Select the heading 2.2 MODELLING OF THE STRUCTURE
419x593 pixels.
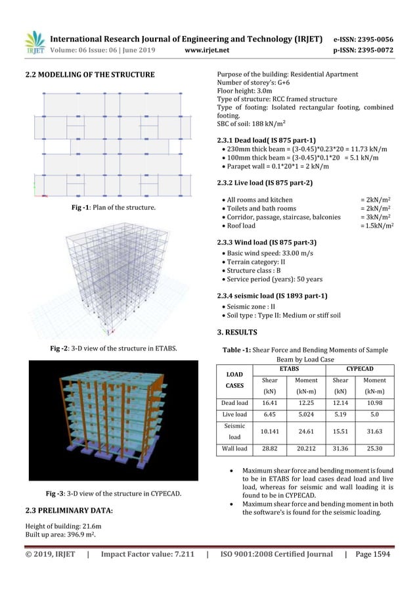[89, 74]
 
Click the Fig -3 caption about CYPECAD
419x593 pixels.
[114, 493]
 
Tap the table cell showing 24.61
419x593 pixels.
[307, 431]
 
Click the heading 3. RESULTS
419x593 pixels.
[237, 332]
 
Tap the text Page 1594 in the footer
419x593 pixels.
[372, 554]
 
